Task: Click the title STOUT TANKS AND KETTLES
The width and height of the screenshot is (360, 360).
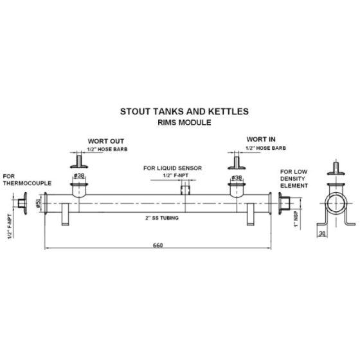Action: tap(184, 112)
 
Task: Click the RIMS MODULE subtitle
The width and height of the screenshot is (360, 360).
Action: tap(184, 122)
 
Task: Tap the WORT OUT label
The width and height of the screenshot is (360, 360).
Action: tap(106, 141)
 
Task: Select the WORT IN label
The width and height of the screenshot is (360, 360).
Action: tap(261, 139)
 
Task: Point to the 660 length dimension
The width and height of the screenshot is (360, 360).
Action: tap(158, 245)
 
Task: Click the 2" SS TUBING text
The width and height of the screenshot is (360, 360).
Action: tap(162, 218)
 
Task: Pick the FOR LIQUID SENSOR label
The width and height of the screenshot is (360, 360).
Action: tap(173, 168)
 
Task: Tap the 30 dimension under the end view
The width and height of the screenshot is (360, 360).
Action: tap(322, 233)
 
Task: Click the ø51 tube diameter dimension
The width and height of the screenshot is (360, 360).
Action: tap(39, 203)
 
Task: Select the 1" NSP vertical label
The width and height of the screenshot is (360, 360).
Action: tap(296, 219)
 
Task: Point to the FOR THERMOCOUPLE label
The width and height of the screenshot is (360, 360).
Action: tap(27, 180)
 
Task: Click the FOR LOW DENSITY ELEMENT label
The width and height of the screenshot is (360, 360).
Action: tap(294, 179)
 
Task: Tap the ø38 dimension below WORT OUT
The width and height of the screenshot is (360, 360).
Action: tap(79, 175)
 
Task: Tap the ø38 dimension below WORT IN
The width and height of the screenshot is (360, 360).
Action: tap(237, 177)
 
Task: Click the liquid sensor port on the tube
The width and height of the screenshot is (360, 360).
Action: tap(185, 190)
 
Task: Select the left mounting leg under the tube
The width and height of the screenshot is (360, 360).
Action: tap(65, 214)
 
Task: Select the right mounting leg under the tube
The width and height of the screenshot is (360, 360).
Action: tap(251, 214)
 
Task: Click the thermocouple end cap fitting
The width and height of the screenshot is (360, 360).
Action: tap(22, 203)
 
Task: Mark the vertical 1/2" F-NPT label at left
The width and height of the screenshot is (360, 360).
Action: tap(10, 226)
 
